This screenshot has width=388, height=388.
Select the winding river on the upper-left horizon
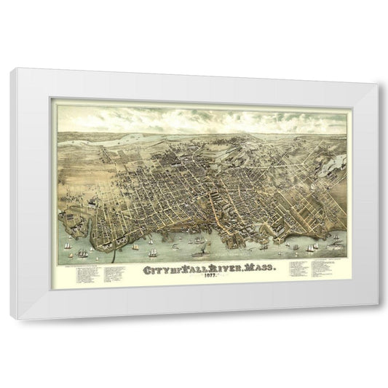pyautogui.click(x=109, y=143)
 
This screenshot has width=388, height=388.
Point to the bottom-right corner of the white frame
pyautogui.click(x=370, y=319)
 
